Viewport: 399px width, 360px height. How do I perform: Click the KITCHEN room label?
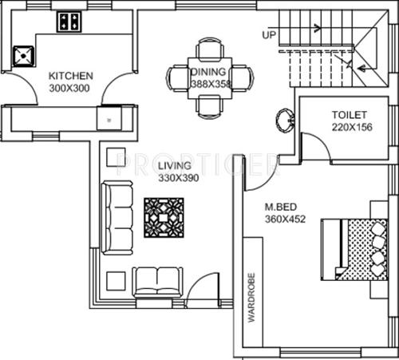point(69,76)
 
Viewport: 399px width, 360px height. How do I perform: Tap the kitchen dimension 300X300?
point(69,87)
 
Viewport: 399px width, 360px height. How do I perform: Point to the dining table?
point(211,77)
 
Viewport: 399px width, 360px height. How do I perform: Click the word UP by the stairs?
point(269,35)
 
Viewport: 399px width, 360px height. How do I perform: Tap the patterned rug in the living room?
point(164,217)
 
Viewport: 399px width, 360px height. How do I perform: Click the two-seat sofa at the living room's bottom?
point(158,281)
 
